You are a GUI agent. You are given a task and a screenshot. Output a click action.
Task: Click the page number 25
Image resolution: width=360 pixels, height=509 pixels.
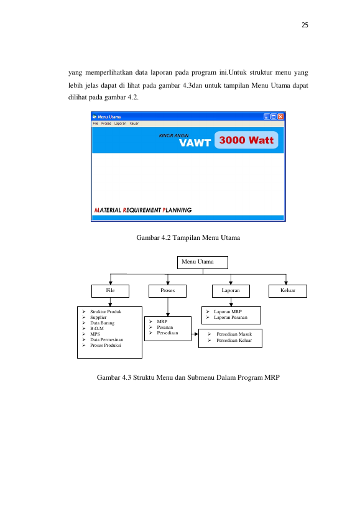[x=305, y=25]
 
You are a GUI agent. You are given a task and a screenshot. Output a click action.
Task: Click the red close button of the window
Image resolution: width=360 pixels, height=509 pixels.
[x=281, y=117]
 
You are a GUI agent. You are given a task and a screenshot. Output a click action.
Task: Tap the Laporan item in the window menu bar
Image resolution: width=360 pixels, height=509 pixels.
[x=120, y=123]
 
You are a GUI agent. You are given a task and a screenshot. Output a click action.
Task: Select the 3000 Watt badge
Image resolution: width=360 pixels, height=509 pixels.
[x=246, y=140]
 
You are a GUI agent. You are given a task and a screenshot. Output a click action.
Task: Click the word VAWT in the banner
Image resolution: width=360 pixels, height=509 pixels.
[x=195, y=143]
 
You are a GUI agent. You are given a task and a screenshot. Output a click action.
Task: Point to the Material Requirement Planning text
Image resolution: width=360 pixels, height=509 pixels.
[x=143, y=210]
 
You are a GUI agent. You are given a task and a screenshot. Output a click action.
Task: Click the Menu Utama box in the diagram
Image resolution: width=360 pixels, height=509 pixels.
[x=203, y=262]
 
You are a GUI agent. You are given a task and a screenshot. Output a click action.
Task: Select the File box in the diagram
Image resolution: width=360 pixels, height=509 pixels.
[x=111, y=291]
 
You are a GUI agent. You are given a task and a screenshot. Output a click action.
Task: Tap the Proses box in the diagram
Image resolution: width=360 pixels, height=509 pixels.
[x=167, y=291]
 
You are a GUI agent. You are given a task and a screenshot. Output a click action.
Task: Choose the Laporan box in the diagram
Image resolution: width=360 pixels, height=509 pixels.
[x=231, y=291]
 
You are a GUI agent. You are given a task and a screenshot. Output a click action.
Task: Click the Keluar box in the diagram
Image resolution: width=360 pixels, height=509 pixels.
[x=288, y=291]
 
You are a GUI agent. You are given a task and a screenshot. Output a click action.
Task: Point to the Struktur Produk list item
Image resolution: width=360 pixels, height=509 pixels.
[x=106, y=311]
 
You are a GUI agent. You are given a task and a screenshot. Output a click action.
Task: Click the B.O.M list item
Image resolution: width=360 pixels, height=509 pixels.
[x=97, y=329]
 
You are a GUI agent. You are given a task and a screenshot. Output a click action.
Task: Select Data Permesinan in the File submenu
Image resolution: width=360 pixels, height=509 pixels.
[x=106, y=339]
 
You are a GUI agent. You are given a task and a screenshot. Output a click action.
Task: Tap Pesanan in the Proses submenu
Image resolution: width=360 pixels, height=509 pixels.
[x=165, y=327]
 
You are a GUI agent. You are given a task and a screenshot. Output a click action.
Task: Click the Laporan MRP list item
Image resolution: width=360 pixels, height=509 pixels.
[x=228, y=311]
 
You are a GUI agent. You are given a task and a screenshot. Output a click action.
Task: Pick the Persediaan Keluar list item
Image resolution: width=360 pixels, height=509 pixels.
[x=234, y=340]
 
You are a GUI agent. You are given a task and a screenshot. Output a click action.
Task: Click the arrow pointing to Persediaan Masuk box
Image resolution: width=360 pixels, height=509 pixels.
[x=195, y=334]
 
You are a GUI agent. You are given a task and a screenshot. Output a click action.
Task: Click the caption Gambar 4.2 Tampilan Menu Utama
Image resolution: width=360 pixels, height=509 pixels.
[x=188, y=237]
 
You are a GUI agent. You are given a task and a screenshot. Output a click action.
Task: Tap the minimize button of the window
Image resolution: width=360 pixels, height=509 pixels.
[x=267, y=117]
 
